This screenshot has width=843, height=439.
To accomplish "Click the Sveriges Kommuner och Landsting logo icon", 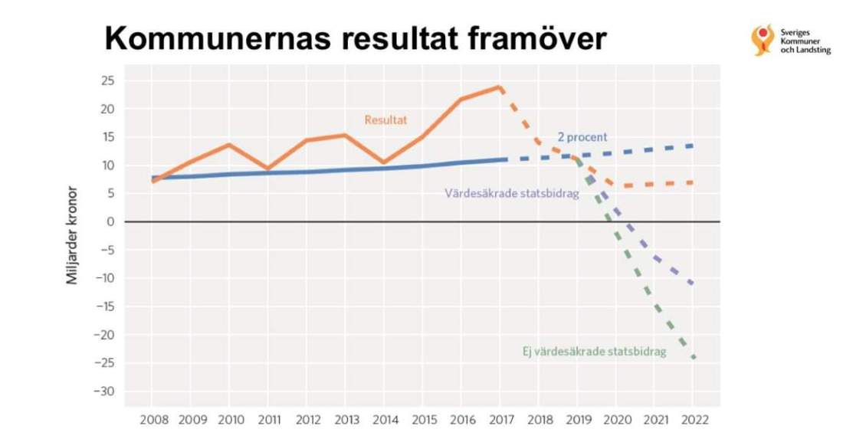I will (762, 40).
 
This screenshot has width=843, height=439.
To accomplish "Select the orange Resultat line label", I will (385, 120).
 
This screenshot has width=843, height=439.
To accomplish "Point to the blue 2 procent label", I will (582, 137).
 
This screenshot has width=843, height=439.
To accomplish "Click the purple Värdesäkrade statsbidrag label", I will (511, 193).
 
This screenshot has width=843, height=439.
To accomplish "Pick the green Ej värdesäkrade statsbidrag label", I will (589, 352).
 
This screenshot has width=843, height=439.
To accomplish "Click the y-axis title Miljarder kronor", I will (72, 234).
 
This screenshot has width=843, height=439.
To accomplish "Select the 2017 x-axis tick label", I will (500, 420).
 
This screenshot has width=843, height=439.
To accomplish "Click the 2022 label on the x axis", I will (693, 420).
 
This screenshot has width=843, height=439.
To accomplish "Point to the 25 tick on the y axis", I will (108, 80).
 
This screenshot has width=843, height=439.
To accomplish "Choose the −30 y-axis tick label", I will (104, 391).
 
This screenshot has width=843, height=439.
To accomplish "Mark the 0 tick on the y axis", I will (110, 222).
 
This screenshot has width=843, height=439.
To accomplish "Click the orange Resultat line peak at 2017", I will (500, 87).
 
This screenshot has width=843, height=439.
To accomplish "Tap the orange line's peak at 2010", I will (230, 145).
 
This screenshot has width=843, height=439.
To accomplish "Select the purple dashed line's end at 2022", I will (693, 284).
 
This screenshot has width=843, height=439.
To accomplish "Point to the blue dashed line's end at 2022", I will (693, 146).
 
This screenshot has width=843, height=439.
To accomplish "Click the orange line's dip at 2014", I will (384, 162).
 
